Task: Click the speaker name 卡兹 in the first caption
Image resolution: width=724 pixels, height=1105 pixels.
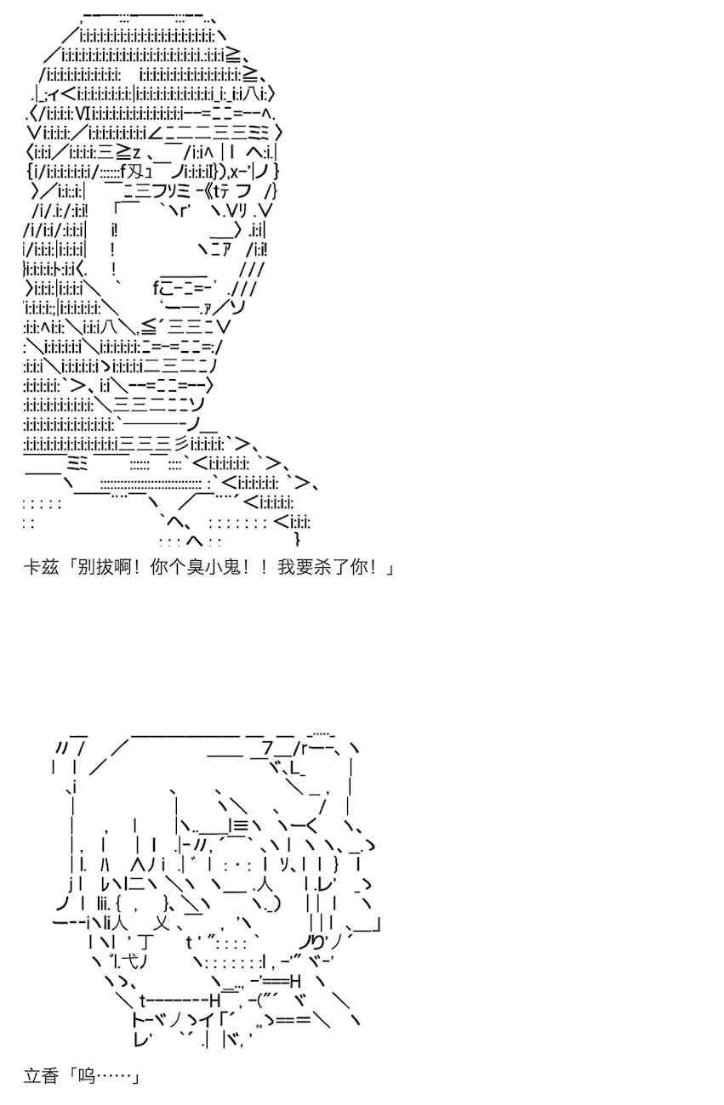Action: coord(41,567)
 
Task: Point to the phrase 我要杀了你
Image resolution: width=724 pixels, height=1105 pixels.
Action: coord(322,567)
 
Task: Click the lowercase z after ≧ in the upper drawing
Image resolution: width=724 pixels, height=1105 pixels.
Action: coord(136,153)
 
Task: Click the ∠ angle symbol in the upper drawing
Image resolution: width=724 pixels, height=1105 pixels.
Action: coord(154,133)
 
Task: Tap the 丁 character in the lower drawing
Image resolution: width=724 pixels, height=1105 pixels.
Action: coord(146,943)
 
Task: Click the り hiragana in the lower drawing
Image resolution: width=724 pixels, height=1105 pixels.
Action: coord(318,943)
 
